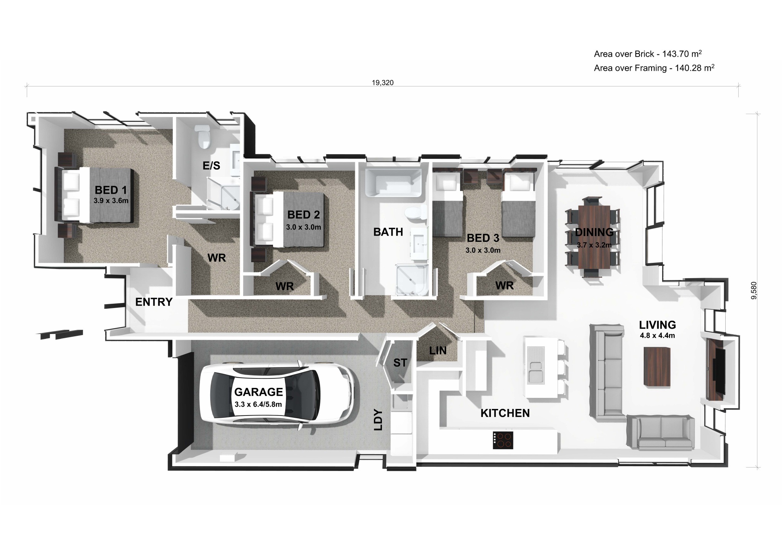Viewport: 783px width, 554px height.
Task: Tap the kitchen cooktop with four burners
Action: coord(503,440)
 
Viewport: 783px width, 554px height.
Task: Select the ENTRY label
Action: coord(154,302)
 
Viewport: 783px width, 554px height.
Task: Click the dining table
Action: coord(594,237)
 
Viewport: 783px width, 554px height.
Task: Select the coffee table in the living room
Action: coord(657,367)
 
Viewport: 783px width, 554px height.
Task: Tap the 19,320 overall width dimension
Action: coord(382,83)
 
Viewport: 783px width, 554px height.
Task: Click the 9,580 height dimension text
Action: coord(754,290)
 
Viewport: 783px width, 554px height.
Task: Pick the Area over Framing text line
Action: coord(654,68)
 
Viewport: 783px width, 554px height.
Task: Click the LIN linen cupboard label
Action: coord(438,350)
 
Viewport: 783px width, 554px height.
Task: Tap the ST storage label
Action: coord(400,363)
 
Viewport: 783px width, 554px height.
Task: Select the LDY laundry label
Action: coord(378,420)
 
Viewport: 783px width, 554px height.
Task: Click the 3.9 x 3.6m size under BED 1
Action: coord(111,200)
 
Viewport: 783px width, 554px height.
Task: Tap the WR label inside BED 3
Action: coord(504,285)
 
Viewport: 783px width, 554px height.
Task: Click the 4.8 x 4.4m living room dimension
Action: coord(657,336)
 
